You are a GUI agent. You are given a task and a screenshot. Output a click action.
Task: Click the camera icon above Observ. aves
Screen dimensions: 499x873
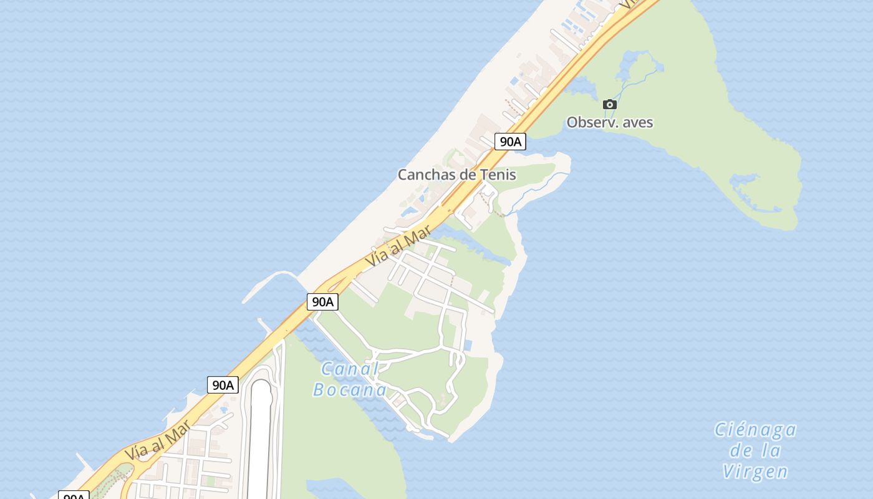click(610, 104)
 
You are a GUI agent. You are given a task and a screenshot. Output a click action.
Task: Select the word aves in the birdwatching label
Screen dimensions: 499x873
click(638, 122)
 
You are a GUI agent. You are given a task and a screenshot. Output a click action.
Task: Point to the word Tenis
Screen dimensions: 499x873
click(498, 175)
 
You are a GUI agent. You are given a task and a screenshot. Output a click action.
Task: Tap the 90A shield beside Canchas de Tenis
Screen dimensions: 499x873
click(510, 142)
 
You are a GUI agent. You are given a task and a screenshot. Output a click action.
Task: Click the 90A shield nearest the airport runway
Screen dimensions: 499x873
click(223, 385)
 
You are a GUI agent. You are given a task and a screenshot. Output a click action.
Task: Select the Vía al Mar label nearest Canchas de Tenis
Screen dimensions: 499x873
click(398, 246)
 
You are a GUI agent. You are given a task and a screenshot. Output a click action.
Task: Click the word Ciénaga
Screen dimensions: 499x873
click(755, 430)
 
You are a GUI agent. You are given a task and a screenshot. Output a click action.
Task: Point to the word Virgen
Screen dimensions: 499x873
click(755, 472)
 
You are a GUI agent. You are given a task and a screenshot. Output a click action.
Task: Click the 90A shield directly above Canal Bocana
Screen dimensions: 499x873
click(322, 302)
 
